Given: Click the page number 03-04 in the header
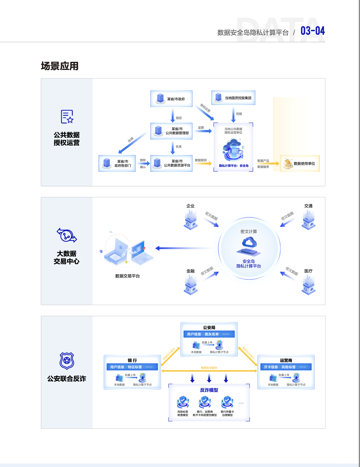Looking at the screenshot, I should (312, 31).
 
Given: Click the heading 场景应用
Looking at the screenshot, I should (60, 66).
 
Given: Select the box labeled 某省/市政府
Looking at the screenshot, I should (171, 99).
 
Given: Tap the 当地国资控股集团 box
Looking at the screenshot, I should (233, 98).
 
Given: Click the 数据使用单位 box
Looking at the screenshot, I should (300, 163).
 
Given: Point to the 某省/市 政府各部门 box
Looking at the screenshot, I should (117, 163).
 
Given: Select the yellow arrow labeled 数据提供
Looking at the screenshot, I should (203, 163).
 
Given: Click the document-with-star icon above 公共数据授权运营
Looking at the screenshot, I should (67, 116).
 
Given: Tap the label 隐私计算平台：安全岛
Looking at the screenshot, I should (234, 166).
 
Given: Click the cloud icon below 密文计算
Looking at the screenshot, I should (249, 243).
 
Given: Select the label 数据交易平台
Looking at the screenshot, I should (127, 276).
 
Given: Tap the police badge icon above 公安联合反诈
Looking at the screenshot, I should (67, 361).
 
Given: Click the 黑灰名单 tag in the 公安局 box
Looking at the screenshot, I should (211, 334).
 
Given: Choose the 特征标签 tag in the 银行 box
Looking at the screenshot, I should (135, 367).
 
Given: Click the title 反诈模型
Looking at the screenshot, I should (209, 390).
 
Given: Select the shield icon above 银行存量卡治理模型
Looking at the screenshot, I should (227, 402).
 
